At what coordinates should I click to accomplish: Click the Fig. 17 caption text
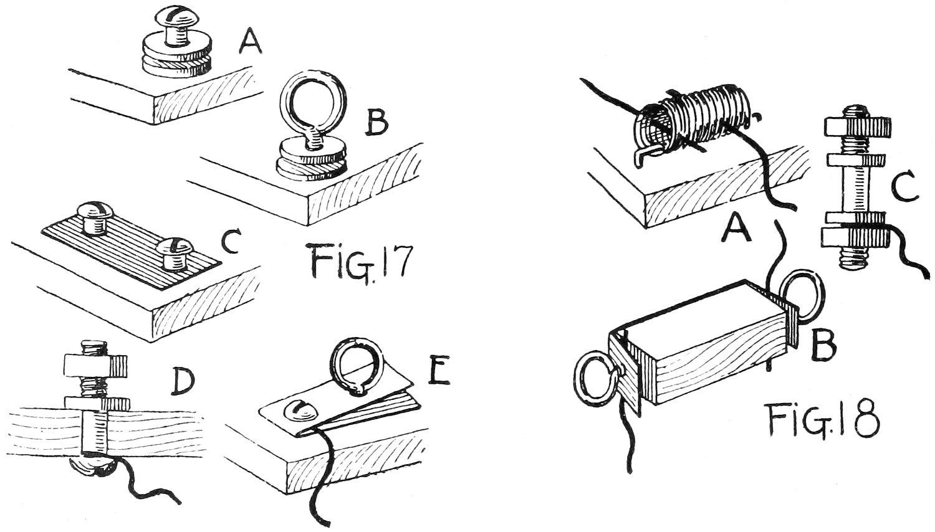point(360,262)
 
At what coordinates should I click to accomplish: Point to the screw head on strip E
point(299,411)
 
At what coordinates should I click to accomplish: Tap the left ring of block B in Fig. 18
point(597,379)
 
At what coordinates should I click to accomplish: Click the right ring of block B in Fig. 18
point(805,295)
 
